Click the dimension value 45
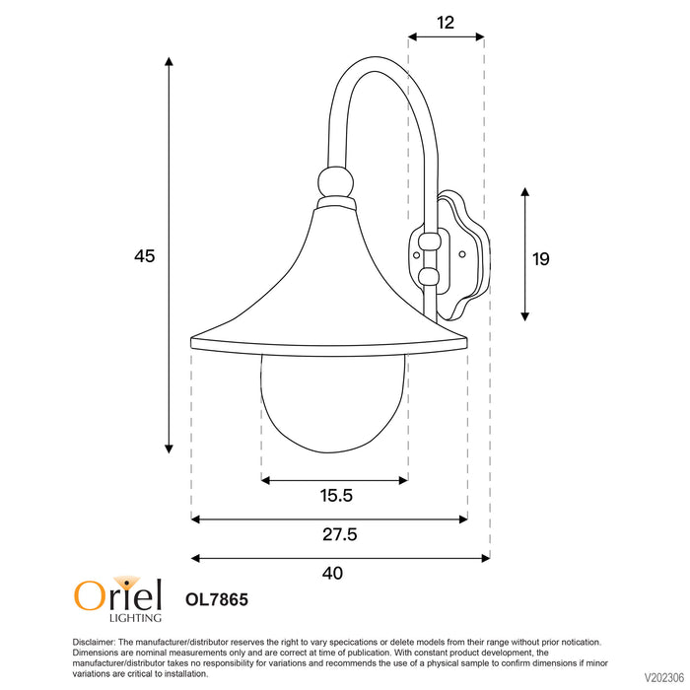click(x=145, y=256)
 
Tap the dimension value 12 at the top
click(x=446, y=22)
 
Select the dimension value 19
click(x=540, y=259)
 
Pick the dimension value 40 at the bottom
click(x=333, y=574)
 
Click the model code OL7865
click(x=216, y=598)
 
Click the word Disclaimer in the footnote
click(x=95, y=642)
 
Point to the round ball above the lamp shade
click(x=335, y=181)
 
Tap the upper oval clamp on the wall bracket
click(x=428, y=241)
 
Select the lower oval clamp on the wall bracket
click(x=428, y=277)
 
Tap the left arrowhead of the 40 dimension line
click(x=195, y=558)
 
